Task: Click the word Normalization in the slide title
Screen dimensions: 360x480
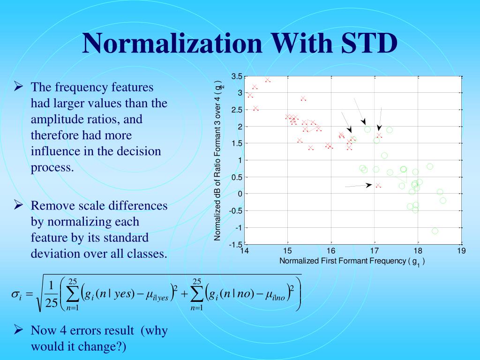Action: (x=172, y=43)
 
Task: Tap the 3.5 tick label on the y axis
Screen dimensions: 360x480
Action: (x=237, y=76)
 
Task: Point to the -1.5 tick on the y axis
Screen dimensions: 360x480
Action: (x=235, y=244)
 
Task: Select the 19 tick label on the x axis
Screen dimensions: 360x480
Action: (x=461, y=251)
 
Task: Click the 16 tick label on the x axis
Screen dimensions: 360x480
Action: (x=331, y=251)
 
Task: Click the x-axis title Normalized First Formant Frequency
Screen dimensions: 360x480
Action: (x=345, y=261)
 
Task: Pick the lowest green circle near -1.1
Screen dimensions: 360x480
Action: (x=435, y=231)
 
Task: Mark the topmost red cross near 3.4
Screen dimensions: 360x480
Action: (x=268, y=80)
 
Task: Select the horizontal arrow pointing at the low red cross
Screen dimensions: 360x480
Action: (x=359, y=186)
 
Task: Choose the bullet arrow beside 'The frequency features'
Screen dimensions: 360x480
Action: (x=19, y=87)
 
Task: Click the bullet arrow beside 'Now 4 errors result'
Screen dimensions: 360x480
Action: (x=19, y=330)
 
